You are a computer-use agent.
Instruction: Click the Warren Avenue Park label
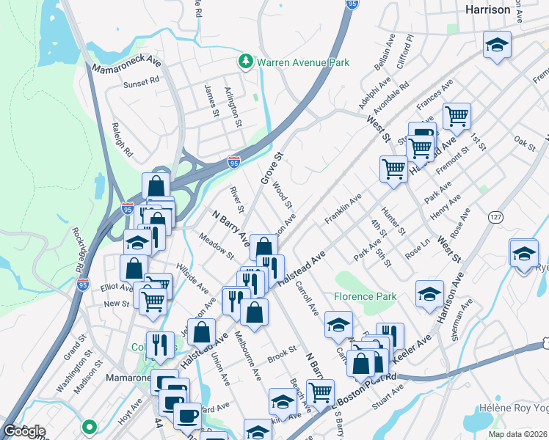(x=302, y=62)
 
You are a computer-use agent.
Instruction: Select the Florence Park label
(x=366, y=297)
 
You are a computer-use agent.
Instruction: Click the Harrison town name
(x=488, y=10)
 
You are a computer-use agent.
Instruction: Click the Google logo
(x=24, y=431)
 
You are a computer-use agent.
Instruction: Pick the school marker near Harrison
(x=497, y=45)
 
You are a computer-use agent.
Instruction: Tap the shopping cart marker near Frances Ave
(x=457, y=115)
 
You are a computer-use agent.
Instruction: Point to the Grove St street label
(x=271, y=168)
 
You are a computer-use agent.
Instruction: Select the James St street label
(x=211, y=100)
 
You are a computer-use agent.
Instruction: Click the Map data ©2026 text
(x=519, y=434)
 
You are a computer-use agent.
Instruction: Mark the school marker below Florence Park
(x=338, y=325)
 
